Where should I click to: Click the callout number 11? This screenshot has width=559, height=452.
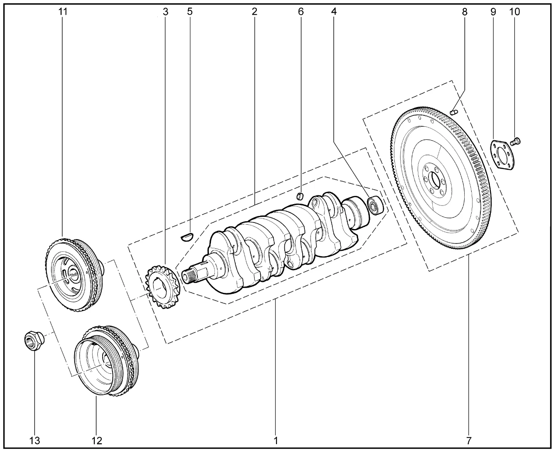(63, 12)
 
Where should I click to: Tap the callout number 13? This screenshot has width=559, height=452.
(35, 441)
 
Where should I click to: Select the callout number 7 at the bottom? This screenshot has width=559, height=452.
(469, 441)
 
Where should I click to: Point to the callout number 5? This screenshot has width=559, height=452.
(190, 12)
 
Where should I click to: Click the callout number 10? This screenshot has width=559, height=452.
(514, 12)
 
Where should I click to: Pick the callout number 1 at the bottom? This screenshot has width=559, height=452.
(276, 441)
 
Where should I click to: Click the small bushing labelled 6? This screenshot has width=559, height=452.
(300, 196)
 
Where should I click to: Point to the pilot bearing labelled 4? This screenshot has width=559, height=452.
(375, 205)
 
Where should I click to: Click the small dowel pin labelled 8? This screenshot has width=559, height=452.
(454, 113)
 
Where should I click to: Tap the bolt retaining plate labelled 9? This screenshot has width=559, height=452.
(503, 155)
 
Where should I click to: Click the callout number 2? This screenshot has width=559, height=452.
(254, 12)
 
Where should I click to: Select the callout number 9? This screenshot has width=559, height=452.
(493, 12)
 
